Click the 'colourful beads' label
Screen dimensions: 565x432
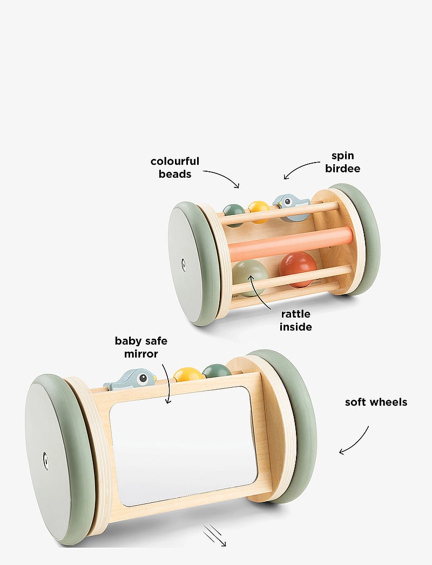point(175,167)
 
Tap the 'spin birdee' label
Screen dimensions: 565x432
point(343,162)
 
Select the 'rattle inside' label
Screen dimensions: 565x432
point(296,320)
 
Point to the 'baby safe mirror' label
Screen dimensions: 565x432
point(141,347)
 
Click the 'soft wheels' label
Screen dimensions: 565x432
point(376,402)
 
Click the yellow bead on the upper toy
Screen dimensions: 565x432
point(259,210)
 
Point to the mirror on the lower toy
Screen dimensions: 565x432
point(184,446)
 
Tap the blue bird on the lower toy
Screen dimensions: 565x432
point(131,379)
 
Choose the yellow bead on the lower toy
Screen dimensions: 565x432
point(188,374)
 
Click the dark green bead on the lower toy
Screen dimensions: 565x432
point(217,371)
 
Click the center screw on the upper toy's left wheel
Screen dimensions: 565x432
point(184,264)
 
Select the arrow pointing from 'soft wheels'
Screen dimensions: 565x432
point(354,440)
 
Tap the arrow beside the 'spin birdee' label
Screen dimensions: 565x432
point(302,169)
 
